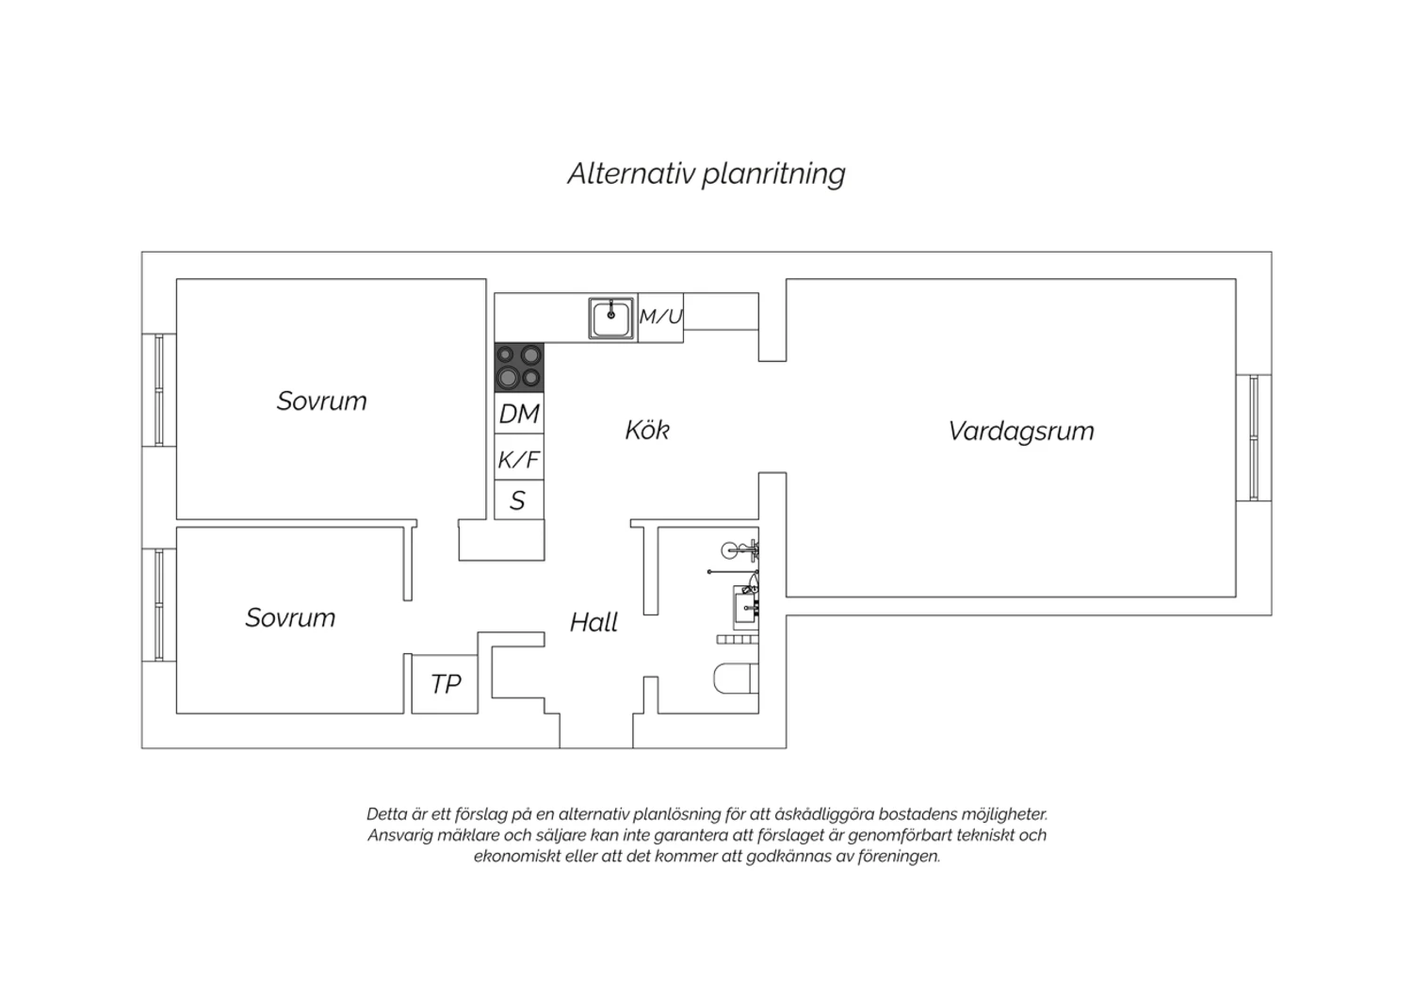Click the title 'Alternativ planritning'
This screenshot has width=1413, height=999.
(x=706, y=173)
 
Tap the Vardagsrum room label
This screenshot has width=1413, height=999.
(x=1020, y=432)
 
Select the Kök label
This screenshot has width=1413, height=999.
(x=647, y=430)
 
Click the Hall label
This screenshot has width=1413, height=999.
(x=593, y=622)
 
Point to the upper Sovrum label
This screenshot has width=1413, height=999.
(x=322, y=401)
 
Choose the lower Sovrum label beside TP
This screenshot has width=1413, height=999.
(x=290, y=618)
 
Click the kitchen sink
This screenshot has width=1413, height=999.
(x=610, y=318)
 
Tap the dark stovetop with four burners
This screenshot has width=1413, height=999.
(x=519, y=368)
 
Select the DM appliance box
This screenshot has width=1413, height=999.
(x=519, y=414)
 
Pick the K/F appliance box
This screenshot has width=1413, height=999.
(x=519, y=457)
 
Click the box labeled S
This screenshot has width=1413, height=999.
(x=519, y=499)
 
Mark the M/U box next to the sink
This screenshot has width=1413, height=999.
(x=660, y=318)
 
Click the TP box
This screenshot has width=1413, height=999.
(x=445, y=684)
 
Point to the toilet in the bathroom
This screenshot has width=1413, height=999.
(x=736, y=679)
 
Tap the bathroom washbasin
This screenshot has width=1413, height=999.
(x=746, y=606)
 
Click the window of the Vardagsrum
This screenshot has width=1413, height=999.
(x=1254, y=438)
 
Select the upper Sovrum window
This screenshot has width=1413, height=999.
(x=159, y=390)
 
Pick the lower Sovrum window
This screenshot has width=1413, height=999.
(x=159, y=605)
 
